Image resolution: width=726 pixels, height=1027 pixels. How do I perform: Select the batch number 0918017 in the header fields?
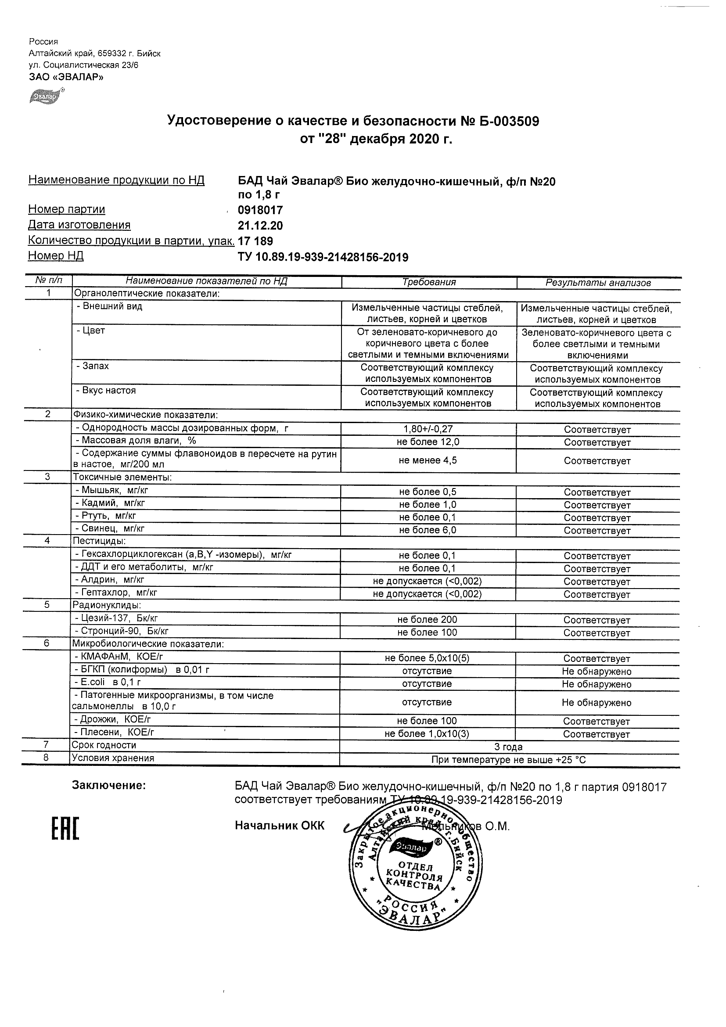260,210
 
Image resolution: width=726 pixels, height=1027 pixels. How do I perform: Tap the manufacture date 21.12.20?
260,226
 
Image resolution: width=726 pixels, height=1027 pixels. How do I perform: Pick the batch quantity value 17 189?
255,241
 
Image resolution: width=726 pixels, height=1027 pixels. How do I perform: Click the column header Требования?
429,282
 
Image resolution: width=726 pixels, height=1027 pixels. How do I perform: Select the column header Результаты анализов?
598,283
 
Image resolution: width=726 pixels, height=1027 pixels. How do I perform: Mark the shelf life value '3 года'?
508,747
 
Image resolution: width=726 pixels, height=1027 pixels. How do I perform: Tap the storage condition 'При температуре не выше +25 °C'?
508,760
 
